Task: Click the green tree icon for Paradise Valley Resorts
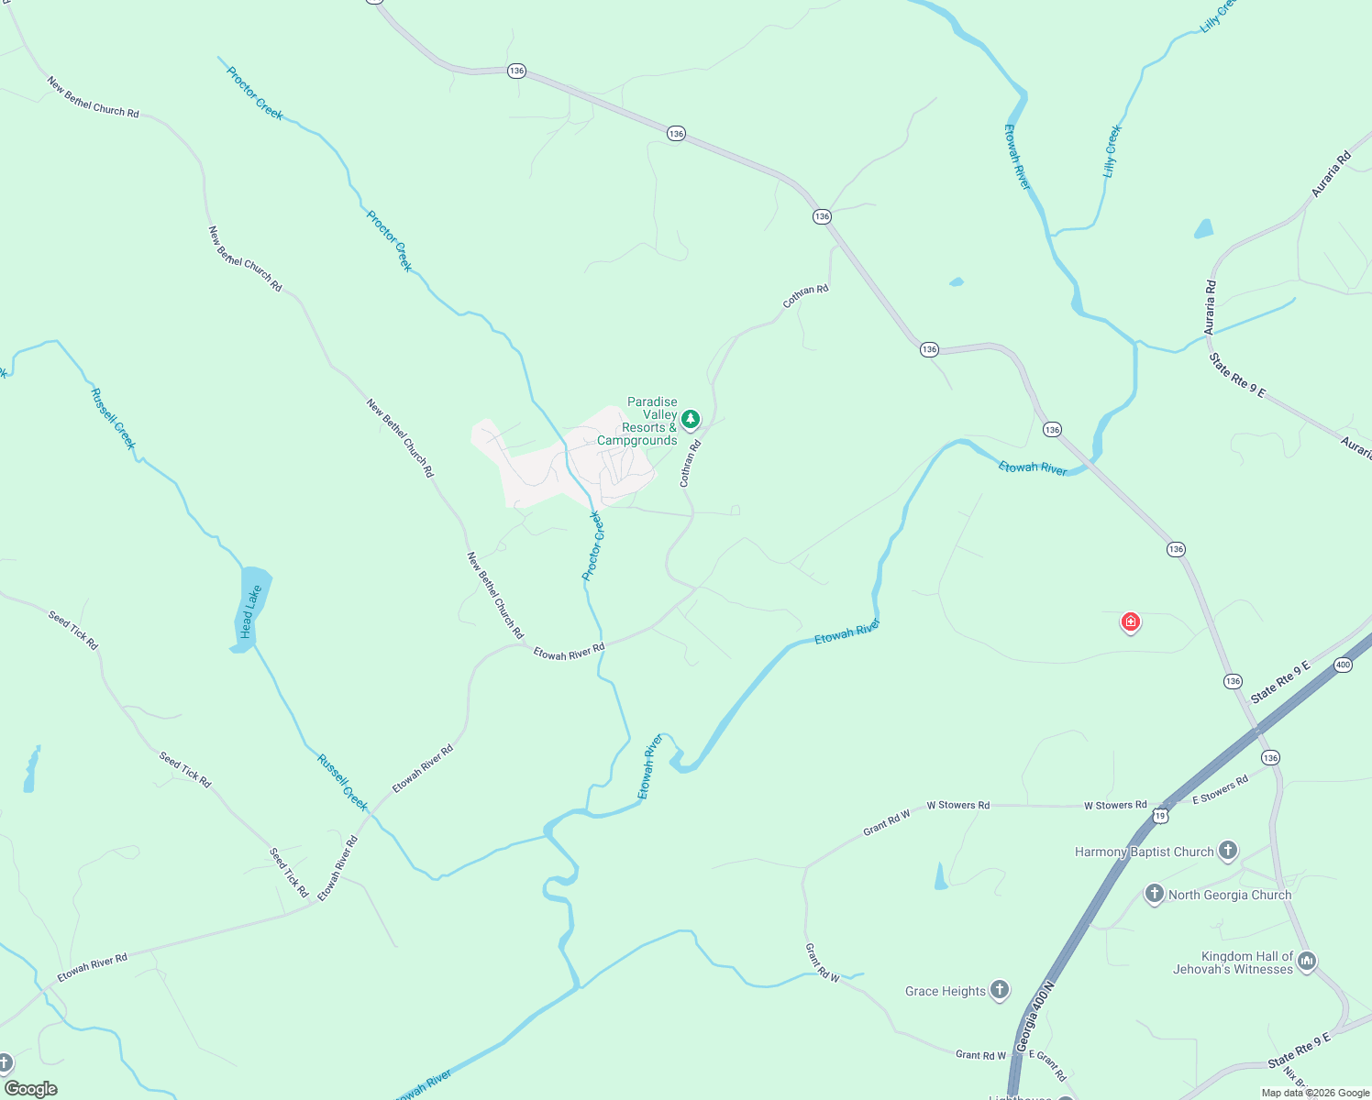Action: pyautogui.click(x=691, y=419)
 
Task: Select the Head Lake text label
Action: pyautogui.click(x=250, y=611)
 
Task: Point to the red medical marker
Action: pyautogui.click(x=1131, y=622)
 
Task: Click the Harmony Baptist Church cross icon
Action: pyautogui.click(x=1228, y=851)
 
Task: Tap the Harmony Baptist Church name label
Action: pyautogui.click(x=1144, y=852)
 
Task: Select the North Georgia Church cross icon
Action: pyautogui.click(x=1155, y=894)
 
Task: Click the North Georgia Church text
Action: pyautogui.click(x=1230, y=895)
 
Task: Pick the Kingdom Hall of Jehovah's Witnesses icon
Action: pyautogui.click(x=1308, y=961)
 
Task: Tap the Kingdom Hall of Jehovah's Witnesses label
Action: pyautogui.click(x=1233, y=962)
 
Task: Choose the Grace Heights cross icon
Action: pyautogui.click(x=1000, y=989)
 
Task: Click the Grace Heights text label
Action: pyautogui.click(x=945, y=991)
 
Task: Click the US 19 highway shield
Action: pyautogui.click(x=1162, y=815)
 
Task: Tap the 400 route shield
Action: pyautogui.click(x=1343, y=665)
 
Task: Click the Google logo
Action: pyautogui.click(x=30, y=1088)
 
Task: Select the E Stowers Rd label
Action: pyautogui.click(x=1220, y=790)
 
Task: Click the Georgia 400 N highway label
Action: pyautogui.click(x=1035, y=1018)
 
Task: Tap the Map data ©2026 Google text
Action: pyautogui.click(x=1314, y=1093)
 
